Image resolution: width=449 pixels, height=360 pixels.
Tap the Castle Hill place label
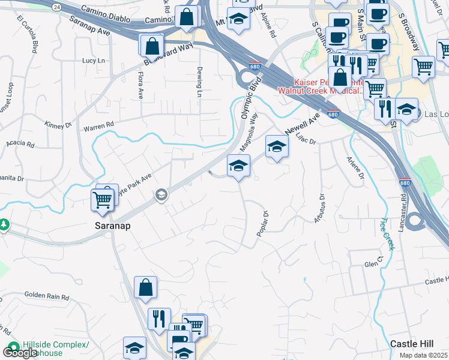[x=411, y=344]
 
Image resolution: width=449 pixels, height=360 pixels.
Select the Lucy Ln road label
[x=94, y=61]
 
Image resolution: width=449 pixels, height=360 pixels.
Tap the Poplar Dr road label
[x=262, y=223]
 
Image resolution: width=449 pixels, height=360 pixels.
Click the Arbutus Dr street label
[x=319, y=208]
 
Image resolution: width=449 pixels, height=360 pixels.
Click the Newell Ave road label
[x=300, y=123]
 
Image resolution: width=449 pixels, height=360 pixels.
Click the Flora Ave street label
[x=141, y=86]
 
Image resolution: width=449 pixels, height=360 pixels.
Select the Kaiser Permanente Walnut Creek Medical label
[x=320, y=87]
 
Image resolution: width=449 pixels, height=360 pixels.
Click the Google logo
[x=20, y=353]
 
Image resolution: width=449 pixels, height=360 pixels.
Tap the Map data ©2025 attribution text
[x=423, y=355]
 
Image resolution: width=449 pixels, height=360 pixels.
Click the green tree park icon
[x=4, y=225]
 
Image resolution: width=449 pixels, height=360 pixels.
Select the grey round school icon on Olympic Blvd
[x=160, y=194]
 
